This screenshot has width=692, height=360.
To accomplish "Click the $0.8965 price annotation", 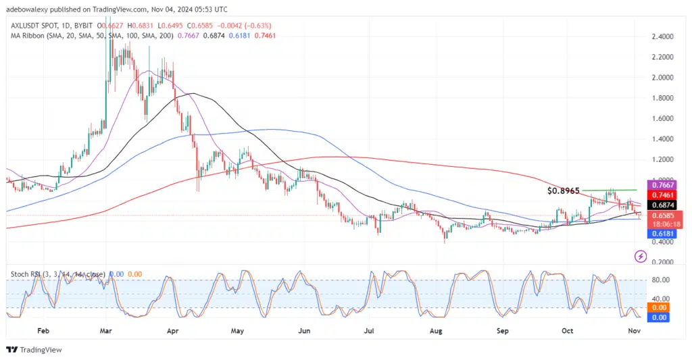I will pos(564,191).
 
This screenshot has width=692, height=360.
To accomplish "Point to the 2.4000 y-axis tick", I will pos(659,36).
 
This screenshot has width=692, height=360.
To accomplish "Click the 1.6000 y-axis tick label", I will pos(659,119).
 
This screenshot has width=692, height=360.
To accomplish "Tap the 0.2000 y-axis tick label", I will pos(659,262).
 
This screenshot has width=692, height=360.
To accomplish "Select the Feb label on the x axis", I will pos(43,332).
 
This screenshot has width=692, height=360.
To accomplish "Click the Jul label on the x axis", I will pos(369,332).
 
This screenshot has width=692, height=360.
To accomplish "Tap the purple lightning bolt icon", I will pos(641,256).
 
